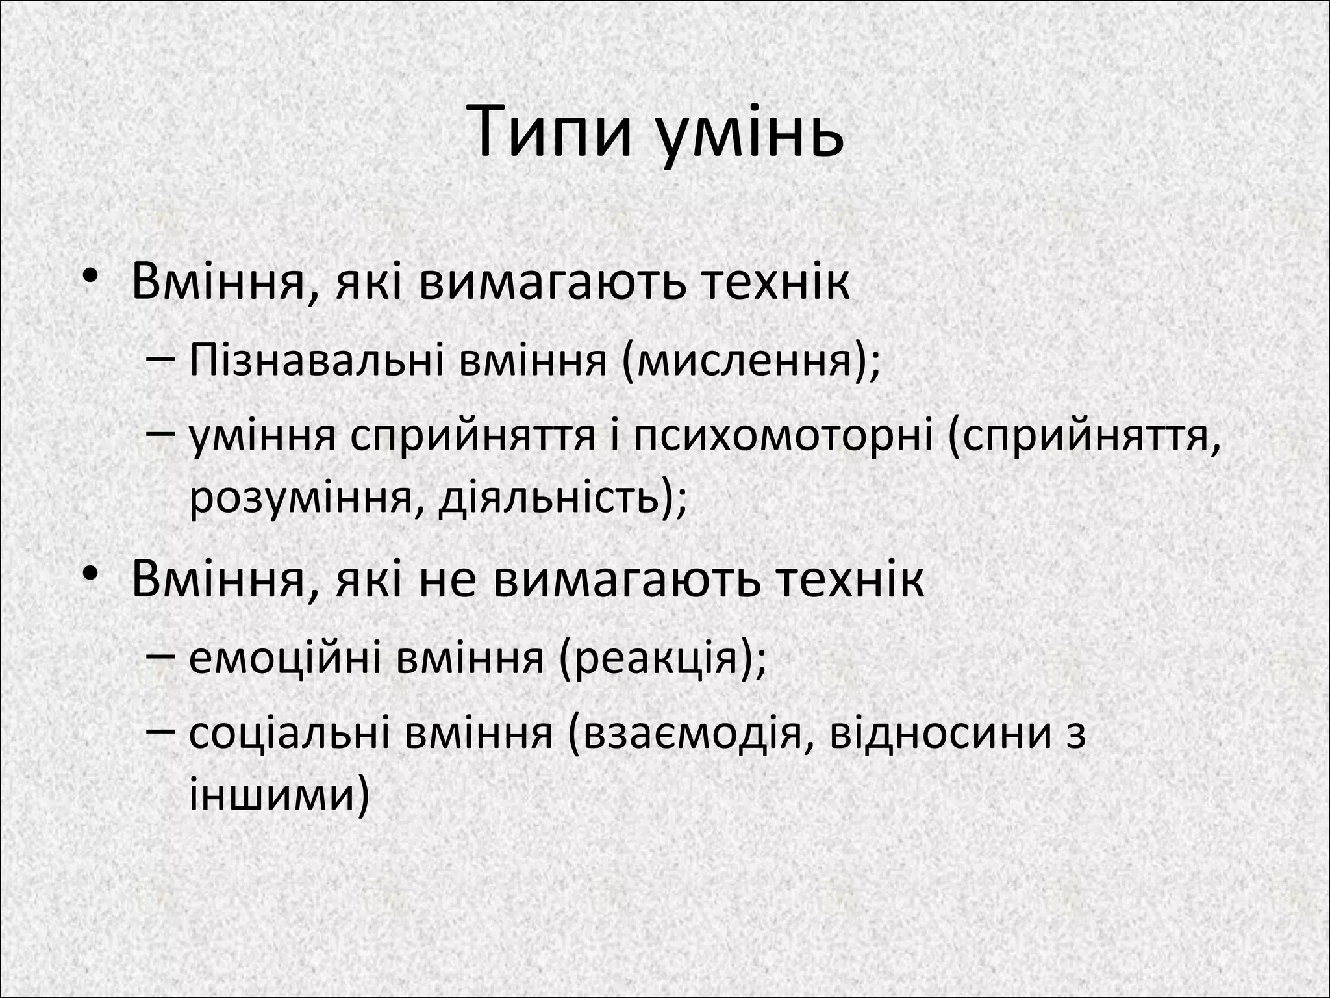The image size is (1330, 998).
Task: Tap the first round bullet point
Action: click(92, 275)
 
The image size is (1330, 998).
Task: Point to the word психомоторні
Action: click(783, 436)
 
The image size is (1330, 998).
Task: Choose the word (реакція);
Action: click(662, 658)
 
